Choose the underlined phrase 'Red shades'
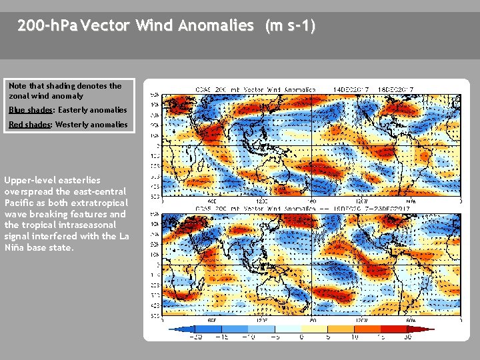coord(29,125)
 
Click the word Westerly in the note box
coord(73,125)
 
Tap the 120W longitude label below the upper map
coord(361,200)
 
